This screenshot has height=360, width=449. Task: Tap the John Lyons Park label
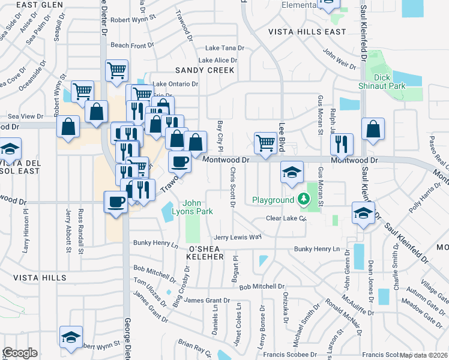click(x=198, y=207)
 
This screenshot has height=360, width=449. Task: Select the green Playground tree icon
click(x=306, y=199)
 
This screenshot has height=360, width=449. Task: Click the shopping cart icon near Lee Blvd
click(x=265, y=143)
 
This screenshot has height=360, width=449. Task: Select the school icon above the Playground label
click(x=291, y=172)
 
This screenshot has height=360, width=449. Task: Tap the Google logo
click(x=20, y=353)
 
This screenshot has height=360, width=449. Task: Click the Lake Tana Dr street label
click(x=225, y=48)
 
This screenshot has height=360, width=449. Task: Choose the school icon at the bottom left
click(x=71, y=337)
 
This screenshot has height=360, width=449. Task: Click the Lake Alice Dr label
click(x=218, y=61)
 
